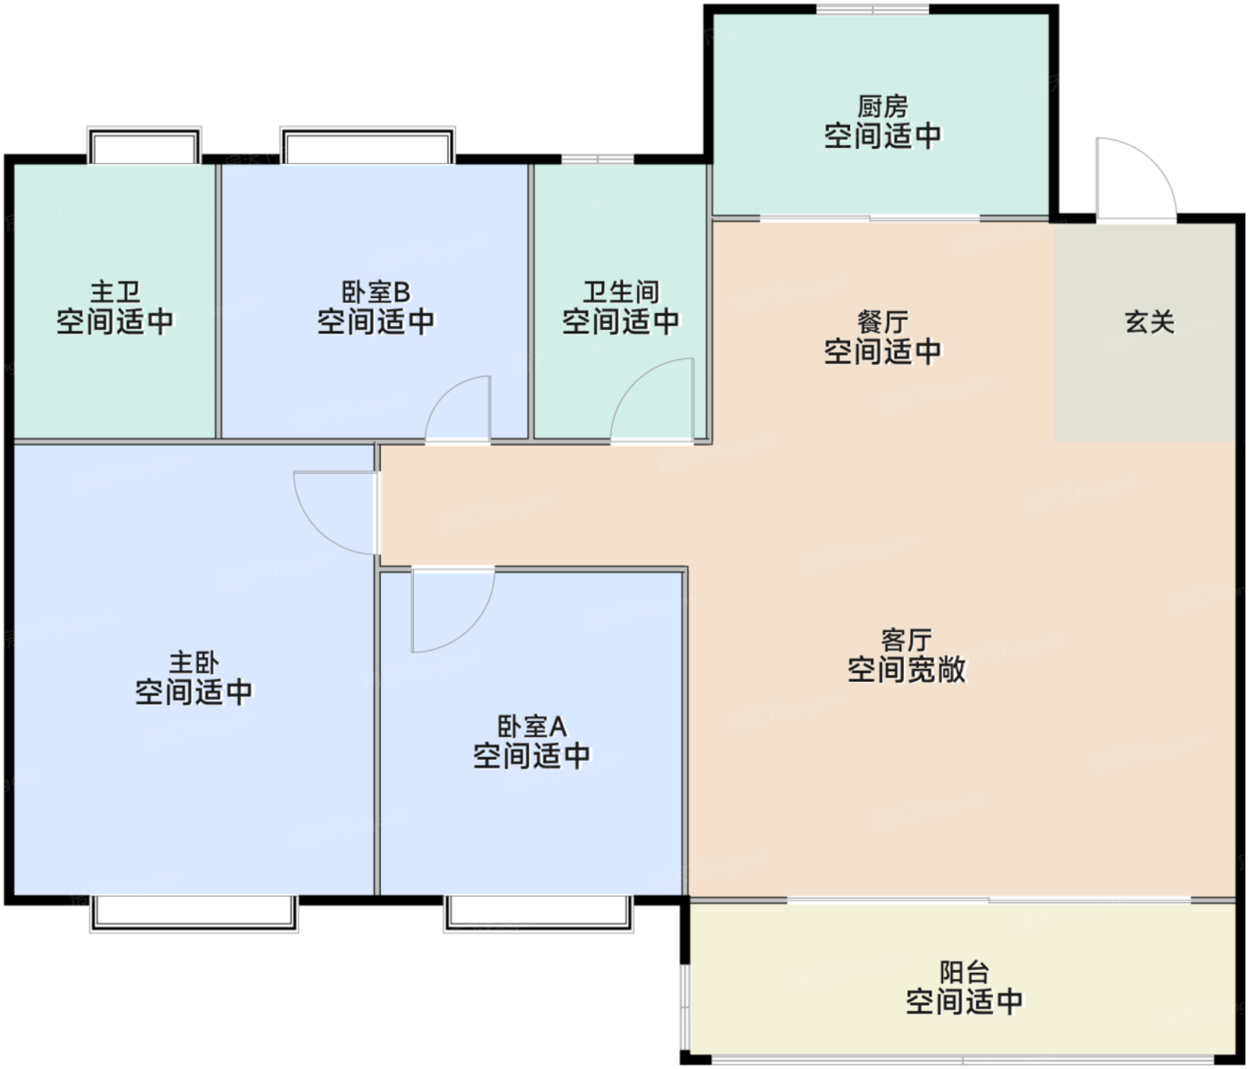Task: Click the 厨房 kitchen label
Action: pyautogui.click(x=882, y=107)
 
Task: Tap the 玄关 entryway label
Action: pyautogui.click(x=1149, y=321)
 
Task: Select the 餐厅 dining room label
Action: pyautogui.click(x=882, y=322)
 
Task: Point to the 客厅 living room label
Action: pyautogui.click(x=906, y=640)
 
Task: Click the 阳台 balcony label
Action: pyautogui.click(x=964, y=973)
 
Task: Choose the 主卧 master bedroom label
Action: pyautogui.click(x=194, y=662)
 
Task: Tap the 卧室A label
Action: pyautogui.click(x=532, y=727)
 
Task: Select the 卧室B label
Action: pyautogui.click(x=376, y=292)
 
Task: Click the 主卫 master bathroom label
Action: pyautogui.click(x=115, y=292)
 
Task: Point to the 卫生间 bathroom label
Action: pyautogui.click(x=621, y=292)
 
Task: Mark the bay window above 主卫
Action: pyautogui.click(x=144, y=145)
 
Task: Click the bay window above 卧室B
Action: pyautogui.click(x=368, y=145)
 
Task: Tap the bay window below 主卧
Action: pyautogui.click(x=194, y=914)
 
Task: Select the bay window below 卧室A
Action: pyautogui.click(x=538, y=914)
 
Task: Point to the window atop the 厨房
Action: pyautogui.click(x=873, y=9)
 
